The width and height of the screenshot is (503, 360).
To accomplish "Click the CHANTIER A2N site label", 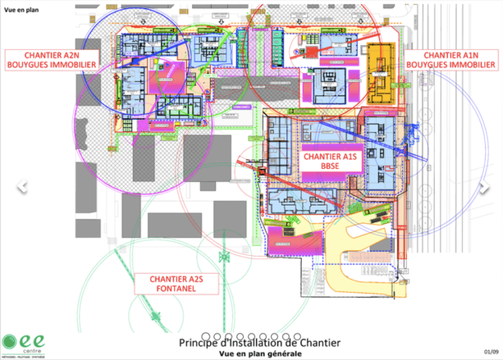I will click(51, 60).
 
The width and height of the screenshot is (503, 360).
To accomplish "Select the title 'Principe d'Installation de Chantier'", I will click(259, 343).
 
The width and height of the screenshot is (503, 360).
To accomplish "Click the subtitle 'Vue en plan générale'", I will click(260, 353).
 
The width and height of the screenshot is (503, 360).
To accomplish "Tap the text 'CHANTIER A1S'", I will click(333, 157).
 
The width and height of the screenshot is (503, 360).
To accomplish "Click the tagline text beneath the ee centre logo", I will click(22, 357).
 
